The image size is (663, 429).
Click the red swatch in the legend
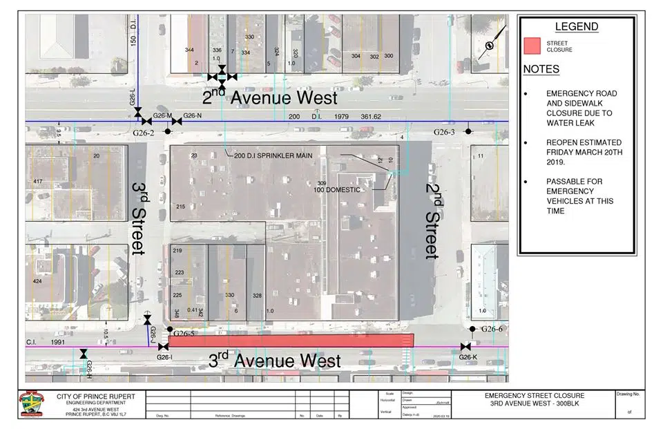(x=532, y=46)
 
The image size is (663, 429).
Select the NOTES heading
(x=541, y=69)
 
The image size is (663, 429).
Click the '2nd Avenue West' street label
(x=270, y=98)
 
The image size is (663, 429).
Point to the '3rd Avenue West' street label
(x=274, y=361)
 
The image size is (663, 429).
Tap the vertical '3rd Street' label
(x=140, y=218)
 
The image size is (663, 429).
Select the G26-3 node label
(x=445, y=131)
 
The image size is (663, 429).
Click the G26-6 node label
(x=492, y=329)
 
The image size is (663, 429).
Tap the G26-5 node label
(x=185, y=333)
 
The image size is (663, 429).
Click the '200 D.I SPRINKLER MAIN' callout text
(x=273, y=156)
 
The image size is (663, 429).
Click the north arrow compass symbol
(x=490, y=46)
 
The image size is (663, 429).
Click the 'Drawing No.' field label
(x=628, y=394)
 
